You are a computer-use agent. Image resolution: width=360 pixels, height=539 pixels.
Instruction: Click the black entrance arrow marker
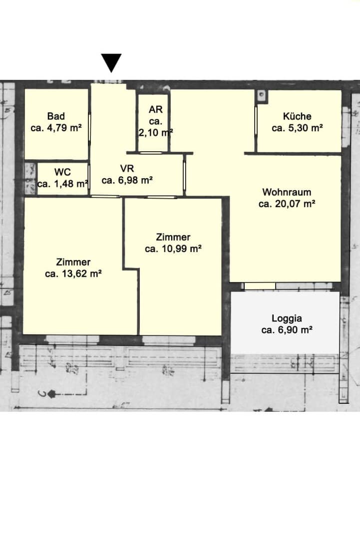[111, 62]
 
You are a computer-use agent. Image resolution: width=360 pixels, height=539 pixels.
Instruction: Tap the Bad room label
[56, 116]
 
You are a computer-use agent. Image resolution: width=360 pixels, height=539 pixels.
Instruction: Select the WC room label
[62, 172]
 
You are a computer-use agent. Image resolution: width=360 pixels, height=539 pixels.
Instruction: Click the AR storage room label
[156, 110]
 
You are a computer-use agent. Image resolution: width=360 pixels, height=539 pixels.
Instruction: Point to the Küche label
[297, 116]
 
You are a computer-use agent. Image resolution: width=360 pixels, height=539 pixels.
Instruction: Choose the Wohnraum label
[287, 192]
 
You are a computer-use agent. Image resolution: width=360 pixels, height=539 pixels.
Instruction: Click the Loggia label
[287, 318]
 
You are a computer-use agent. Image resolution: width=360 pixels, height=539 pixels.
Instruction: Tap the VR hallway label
[127, 169]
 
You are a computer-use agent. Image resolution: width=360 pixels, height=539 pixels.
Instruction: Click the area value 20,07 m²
[296, 204]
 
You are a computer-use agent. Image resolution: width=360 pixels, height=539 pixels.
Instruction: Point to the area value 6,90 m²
[295, 330]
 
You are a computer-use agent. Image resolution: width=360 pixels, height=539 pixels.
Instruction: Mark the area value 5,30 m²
[306, 128]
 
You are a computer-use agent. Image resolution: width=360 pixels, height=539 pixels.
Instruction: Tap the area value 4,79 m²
[64, 128]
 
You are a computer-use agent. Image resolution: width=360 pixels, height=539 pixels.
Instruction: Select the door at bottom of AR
[151, 153]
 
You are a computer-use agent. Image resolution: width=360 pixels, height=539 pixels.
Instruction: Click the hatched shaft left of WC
[30, 178]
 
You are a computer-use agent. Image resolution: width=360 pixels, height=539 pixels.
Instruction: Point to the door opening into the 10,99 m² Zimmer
[160, 197]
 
